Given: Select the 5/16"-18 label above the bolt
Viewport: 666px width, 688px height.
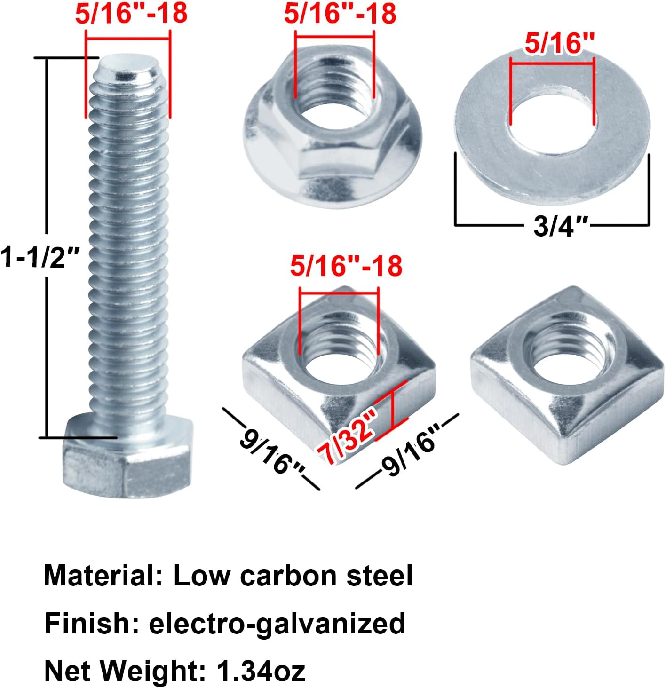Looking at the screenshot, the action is (131, 14).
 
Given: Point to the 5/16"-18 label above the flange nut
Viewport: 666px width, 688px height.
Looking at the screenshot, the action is (340, 14).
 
